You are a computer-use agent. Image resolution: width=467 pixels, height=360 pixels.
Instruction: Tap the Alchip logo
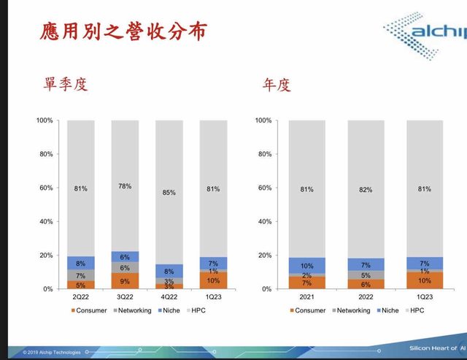423,33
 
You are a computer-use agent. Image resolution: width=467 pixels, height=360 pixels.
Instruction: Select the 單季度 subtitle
66,85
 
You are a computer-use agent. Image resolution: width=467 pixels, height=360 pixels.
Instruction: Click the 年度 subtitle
277,85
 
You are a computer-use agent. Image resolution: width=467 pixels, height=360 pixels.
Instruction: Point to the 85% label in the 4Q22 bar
169,194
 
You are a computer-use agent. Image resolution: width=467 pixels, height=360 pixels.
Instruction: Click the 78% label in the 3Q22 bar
125,186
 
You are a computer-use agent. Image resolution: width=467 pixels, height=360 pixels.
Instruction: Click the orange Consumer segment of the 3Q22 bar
125,281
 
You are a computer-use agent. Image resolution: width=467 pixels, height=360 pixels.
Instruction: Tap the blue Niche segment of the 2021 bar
306,266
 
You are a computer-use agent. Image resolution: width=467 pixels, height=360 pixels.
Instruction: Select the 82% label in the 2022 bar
366,190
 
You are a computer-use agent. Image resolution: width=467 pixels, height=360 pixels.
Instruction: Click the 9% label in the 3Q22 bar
125,281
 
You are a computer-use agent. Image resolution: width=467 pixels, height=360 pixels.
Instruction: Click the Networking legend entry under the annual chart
350,310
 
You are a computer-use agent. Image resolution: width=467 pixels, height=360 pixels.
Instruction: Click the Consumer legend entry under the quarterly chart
89,310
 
